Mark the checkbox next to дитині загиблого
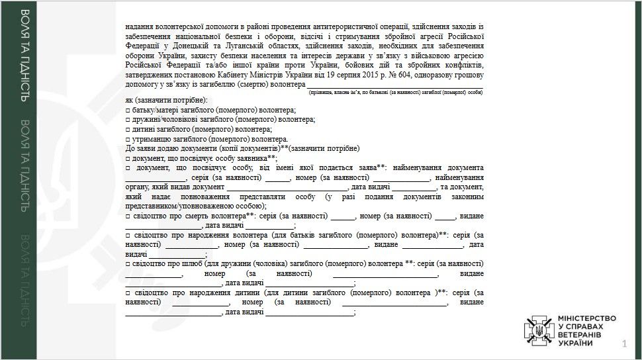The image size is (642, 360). [128, 130]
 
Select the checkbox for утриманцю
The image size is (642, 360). [128, 140]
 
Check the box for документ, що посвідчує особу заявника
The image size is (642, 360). [128, 159]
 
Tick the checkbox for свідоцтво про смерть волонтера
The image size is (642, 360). [128, 216]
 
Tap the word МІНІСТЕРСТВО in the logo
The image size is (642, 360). [587, 318]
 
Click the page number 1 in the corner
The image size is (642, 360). [624, 343]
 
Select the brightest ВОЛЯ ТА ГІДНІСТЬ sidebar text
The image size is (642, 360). [24, 56]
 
